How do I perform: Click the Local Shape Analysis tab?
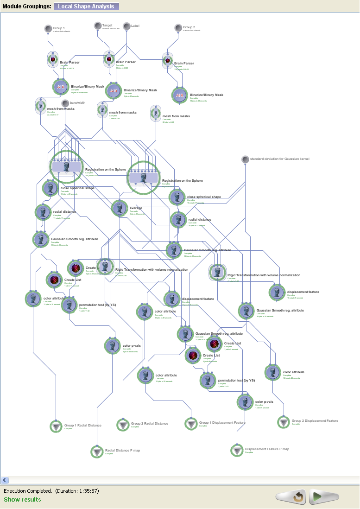pyautogui.click(x=87, y=6)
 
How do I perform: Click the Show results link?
pyautogui.click(x=22, y=499)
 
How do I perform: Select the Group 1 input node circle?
pyautogui.click(x=48, y=29)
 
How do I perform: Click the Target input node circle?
pyautogui.click(x=98, y=26)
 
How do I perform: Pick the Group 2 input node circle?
pyautogui.click(x=178, y=28)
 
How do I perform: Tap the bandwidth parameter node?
pyautogui.click(x=65, y=103)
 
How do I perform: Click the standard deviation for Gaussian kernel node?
pyautogui.click(x=245, y=159)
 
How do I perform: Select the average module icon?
pyautogui.click(x=120, y=208)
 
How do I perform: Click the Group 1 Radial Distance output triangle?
pyautogui.click(x=56, y=426)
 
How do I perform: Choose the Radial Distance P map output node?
pyautogui.click(x=96, y=451)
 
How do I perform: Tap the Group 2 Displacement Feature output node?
pyautogui.click(x=284, y=422)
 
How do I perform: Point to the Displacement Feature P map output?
pyautogui.click(x=237, y=450)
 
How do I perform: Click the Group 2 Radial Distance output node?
pyautogui.click(x=123, y=424)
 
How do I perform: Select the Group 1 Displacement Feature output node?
pyautogui.click(x=191, y=424)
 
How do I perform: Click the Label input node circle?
pyautogui.click(x=126, y=26)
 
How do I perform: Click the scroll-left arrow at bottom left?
pyautogui.click(x=5, y=480)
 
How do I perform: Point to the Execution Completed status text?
pyautogui.click(x=51, y=490)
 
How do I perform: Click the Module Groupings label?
pyautogui.click(x=26, y=6)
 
